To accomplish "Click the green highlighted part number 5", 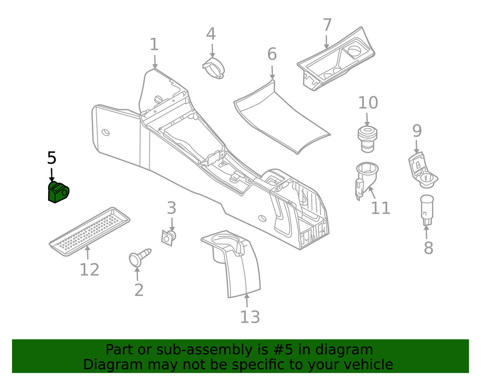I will [x=58, y=192].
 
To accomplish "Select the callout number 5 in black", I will [x=51, y=158].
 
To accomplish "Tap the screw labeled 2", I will [x=139, y=257].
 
